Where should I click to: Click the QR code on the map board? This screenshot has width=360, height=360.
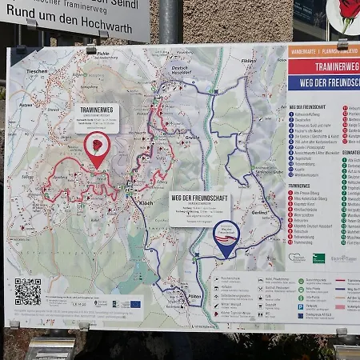click(x=27, y=291)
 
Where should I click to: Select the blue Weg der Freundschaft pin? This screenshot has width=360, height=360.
click(x=226, y=238)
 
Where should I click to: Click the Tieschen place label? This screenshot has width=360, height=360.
click(x=38, y=70)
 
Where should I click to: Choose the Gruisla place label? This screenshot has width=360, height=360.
click(x=192, y=138)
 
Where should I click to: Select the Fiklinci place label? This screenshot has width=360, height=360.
click(x=249, y=62)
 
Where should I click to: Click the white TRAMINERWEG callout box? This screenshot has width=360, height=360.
click(x=96, y=117)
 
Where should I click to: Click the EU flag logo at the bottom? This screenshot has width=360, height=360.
click(x=135, y=304)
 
